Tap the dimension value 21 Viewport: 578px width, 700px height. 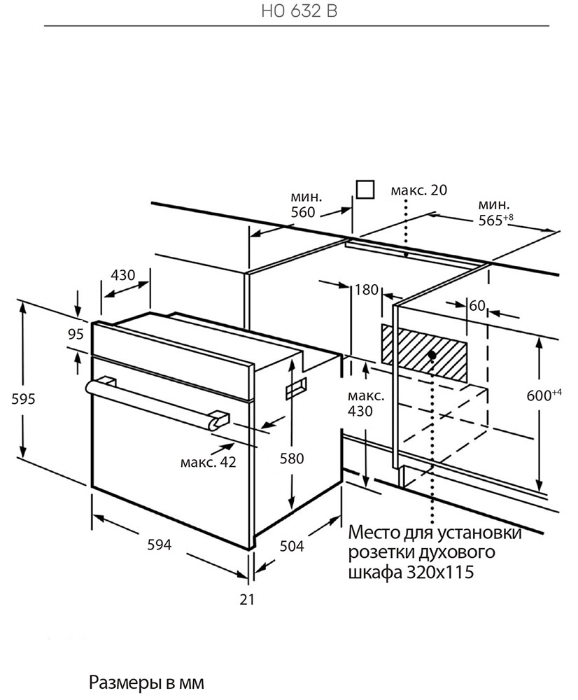click(x=246, y=599)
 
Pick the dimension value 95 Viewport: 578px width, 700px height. click(x=76, y=334)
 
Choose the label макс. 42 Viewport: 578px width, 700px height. click(x=208, y=462)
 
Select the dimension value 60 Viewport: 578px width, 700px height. click(x=477, y=305)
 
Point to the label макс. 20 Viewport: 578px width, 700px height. click(x=418, y=190)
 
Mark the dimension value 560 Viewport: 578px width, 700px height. click(x=302, y=213)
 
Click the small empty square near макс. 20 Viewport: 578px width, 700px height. click(x=364, y=190)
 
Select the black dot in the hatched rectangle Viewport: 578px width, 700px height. click(x=432, y=356)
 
